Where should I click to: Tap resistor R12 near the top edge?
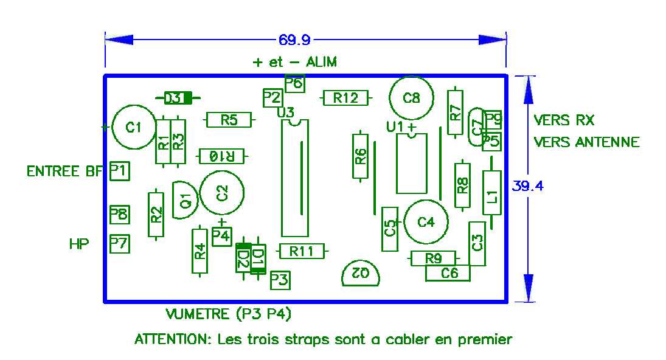(x=345, y=98)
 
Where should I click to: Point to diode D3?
(x=178, y=99)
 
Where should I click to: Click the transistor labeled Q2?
(x=361, y=274)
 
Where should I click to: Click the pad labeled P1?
(x=120, y=171)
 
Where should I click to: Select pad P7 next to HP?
(x=120, y=244)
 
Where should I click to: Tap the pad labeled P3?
(x=280, y=280)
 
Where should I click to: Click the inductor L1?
(x=492, y=193)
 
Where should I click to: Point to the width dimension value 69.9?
(x=294, y=40)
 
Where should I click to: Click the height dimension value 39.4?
(x=527, y=186)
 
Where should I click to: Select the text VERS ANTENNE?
(x=586, y=142)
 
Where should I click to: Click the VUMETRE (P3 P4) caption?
(x=229, y=314)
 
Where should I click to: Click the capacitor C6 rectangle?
(x=448, y=273)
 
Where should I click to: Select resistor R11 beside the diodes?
(x=302, y=251)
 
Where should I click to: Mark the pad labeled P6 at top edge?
(x=295, y=83)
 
